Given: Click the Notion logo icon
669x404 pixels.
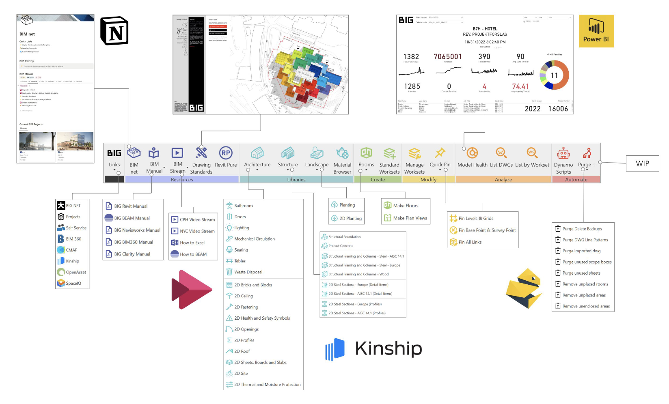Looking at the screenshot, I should tap(114, 31).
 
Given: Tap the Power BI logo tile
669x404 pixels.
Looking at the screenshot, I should tap(596, 31).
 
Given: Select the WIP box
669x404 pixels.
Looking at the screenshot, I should tap(642, 163).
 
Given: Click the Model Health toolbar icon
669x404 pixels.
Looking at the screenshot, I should tap(472, 153).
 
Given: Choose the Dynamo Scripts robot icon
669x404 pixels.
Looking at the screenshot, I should tap(563, 153).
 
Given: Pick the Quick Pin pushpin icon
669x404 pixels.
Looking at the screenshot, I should tap(440, 153).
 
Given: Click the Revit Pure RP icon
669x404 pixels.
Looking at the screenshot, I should tap(226, 153).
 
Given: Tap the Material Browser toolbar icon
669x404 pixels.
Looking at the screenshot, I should tap(342, 153).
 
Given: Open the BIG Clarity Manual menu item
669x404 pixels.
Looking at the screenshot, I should tap(132, 254).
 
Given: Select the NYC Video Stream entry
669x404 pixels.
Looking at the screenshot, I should tap(197, 231).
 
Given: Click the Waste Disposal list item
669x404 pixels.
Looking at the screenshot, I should tap(248, 272).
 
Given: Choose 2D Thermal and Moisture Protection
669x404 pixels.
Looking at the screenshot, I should tap(267, 385).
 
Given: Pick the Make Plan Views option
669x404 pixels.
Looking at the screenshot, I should tap(410, 218).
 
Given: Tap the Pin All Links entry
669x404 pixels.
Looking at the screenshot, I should tap(470, 242).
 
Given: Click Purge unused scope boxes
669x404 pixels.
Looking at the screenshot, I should tap(587, 262).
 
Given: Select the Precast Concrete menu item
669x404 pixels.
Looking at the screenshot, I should tap(341, 246).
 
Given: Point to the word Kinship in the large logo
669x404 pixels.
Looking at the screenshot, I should tap(388, 348).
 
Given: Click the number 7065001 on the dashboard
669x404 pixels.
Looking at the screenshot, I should tap(447, 57).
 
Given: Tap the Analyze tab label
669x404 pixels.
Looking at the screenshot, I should tap(503, 180).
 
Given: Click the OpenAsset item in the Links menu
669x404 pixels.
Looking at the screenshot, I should tap(76, 272).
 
